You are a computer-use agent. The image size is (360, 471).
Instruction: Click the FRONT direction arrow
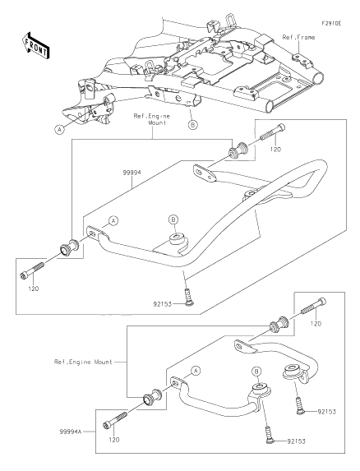[35, 45]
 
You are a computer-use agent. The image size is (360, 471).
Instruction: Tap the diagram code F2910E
[331, 24]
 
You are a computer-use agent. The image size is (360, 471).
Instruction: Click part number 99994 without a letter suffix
[132, 173]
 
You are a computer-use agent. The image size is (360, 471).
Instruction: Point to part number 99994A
[70, 432]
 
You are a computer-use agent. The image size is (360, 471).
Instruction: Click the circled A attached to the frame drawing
[60, 130]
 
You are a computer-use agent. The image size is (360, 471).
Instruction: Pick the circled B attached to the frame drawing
[193, 124]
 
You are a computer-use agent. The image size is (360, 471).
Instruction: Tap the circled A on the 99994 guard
[113, 221]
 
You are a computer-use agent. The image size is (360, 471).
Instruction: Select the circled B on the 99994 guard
[173, 219]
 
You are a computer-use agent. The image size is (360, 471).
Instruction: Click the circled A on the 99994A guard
[196, 371]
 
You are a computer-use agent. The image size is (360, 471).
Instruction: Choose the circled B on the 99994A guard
[256, 372]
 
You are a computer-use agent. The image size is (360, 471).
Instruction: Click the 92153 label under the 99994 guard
[162, 304]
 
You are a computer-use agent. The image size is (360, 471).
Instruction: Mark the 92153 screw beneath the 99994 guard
[187, 297]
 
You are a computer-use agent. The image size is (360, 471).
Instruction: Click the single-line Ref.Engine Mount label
[83, 362]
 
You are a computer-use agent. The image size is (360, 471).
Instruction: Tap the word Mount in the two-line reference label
[157, 122]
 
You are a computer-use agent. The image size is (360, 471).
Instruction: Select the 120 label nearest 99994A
[113, 440]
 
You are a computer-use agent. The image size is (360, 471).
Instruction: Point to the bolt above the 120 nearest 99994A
[115, 421]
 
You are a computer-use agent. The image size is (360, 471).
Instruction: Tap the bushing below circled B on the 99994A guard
[260, 390]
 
